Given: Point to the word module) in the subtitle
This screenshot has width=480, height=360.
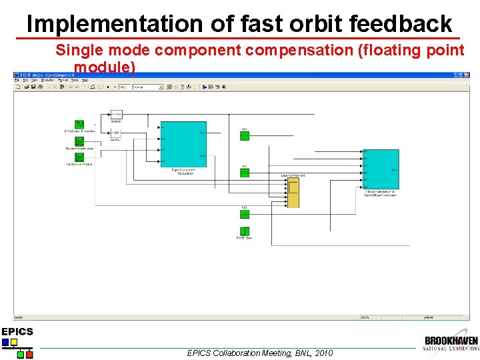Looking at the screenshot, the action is point(105,67).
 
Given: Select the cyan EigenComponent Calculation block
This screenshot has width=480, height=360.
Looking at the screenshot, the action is point(183,144).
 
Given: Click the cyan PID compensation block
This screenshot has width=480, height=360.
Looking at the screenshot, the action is point(381,169).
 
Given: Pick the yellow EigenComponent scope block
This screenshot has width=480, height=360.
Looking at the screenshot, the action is point(293,193).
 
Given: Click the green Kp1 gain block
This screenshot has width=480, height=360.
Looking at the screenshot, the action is point(245,135).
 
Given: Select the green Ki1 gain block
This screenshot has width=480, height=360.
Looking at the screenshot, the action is point(245,173).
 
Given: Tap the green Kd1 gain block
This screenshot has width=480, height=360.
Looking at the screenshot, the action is point(245,215).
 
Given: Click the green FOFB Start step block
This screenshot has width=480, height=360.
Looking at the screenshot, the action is point(245,231).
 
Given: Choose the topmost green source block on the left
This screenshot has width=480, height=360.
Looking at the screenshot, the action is point(79,125).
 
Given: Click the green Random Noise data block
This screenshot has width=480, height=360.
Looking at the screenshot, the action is point(79,141).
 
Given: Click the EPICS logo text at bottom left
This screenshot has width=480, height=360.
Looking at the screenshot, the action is point(17,331).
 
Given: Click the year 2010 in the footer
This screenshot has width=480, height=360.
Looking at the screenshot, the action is point(323,353).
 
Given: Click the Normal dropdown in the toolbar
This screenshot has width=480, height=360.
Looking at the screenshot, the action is point(147,87).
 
